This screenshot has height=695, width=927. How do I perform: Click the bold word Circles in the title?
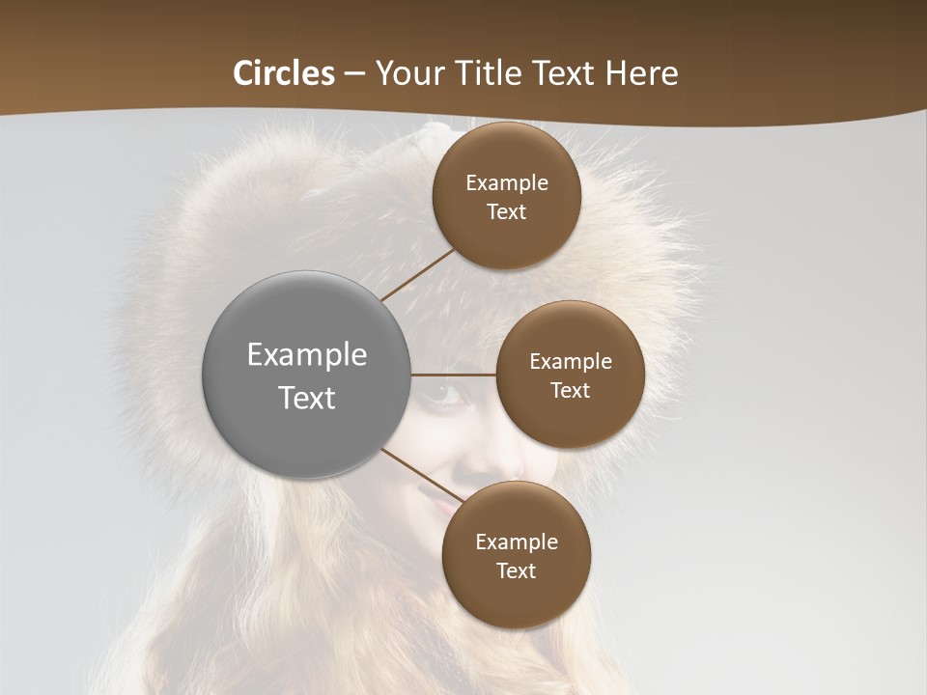(x=283, y=73)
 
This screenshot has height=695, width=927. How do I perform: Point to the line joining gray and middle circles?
(x=454, y=375)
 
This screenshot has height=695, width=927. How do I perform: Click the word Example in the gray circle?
(x=307, y=355)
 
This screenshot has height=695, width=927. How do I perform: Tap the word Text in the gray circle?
(x=307, y=398)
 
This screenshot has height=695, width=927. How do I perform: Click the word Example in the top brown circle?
(x=506, y=183)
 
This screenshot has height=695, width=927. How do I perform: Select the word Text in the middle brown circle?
(x=570, y=391)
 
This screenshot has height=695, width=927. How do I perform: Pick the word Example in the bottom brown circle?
(x=516, y=542)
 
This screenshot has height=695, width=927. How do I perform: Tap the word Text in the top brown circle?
(x=506, y=212)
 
